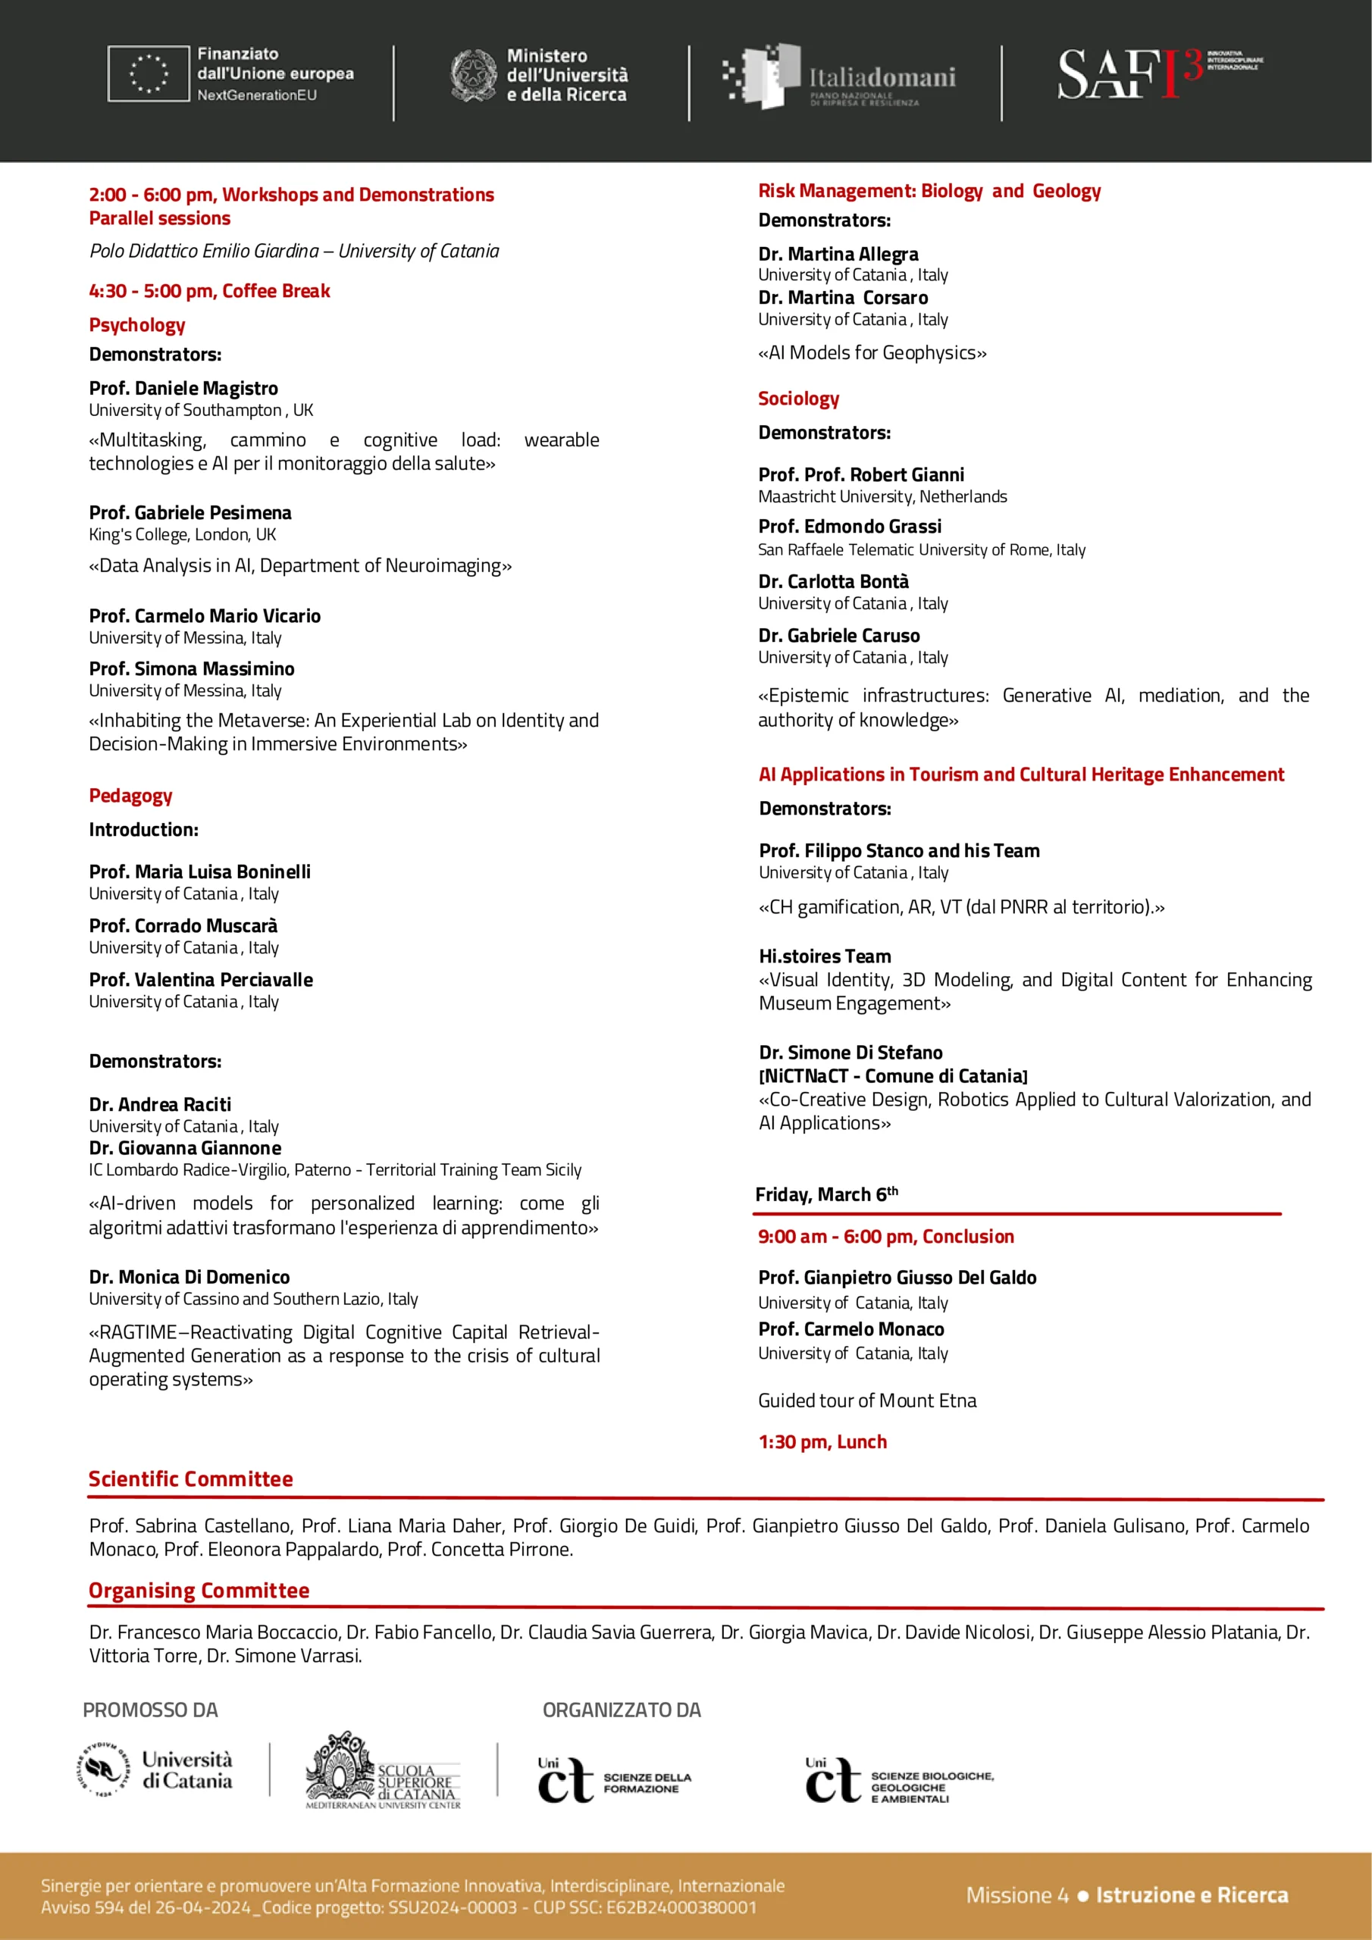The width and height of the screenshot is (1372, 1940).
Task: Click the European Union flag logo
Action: [148, 74]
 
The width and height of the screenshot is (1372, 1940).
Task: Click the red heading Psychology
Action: [137, 325]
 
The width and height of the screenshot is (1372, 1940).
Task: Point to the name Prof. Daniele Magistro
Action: [183, 389]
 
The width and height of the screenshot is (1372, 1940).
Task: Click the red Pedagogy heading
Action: [130, 796]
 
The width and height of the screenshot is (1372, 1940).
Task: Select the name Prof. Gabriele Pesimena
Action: [190, 513]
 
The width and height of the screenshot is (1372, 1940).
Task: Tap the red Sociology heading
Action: [798, 399]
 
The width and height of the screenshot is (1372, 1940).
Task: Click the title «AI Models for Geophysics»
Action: [872, 353]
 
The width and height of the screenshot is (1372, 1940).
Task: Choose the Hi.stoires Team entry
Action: [824, 956]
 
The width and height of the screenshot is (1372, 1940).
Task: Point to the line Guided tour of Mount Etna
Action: [866, 1401]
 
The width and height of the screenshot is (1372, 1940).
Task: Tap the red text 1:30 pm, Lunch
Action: [822, 1442]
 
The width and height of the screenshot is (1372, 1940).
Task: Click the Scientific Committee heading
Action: [190, 1479]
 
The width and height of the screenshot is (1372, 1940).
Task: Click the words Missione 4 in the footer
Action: [1017, 1895]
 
